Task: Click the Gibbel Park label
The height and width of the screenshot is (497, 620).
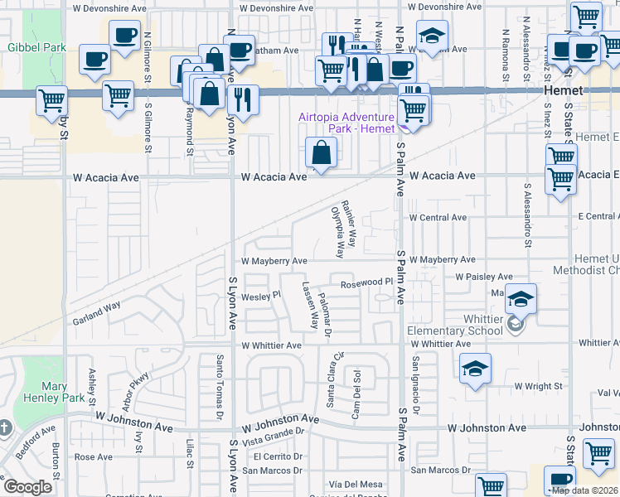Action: tap(36, 47)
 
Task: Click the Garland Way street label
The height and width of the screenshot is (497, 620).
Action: tap(96, 311)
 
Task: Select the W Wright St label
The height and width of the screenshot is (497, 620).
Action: tap(538, 386)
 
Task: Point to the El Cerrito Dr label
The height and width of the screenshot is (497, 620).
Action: tap(281, 456)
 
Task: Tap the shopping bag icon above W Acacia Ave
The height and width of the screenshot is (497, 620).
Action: tap(320, 153)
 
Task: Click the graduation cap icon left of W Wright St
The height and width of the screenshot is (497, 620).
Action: tap(476, 368)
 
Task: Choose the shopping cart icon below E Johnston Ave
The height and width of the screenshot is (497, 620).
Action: tap(598, 454)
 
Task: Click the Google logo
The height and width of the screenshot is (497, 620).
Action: tap(28, 487)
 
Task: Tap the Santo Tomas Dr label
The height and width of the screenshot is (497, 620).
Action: tap(219, 385)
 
